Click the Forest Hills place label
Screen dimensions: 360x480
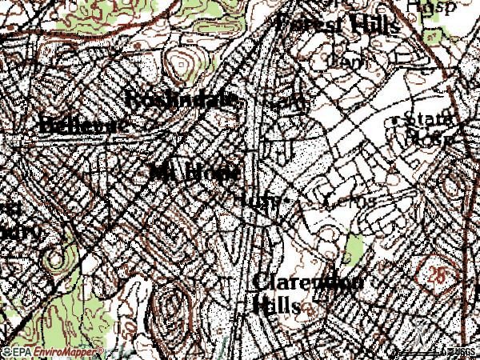pyautogui.click(x=338, y=24)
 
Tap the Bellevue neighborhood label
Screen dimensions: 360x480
pyautogui.click(x=82, y=125)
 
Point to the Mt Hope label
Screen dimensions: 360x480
pyautogui.click(x=194, y=172)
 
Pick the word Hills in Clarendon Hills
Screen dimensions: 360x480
pyautogui.click(x=277, y=306)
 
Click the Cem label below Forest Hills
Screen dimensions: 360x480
pyautogui.click(x=345, y=61)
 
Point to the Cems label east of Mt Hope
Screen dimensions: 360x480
pyautogui.click(x=350, y=201)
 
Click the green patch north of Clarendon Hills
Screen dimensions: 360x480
pyautogui.click(x=353, y=250)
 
